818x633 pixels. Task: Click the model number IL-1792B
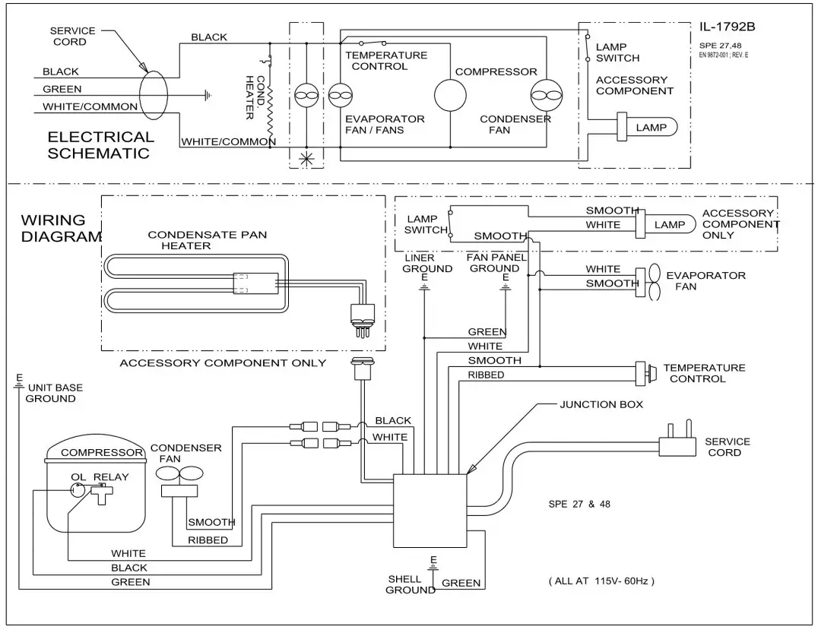727,28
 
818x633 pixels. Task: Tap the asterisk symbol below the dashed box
306,159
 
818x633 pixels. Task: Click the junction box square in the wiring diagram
430,511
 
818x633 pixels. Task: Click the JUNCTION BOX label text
601,404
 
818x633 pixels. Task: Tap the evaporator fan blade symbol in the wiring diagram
652,283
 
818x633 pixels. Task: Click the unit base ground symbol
18,381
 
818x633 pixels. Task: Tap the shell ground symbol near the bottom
433,564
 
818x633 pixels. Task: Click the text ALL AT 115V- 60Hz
601,581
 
